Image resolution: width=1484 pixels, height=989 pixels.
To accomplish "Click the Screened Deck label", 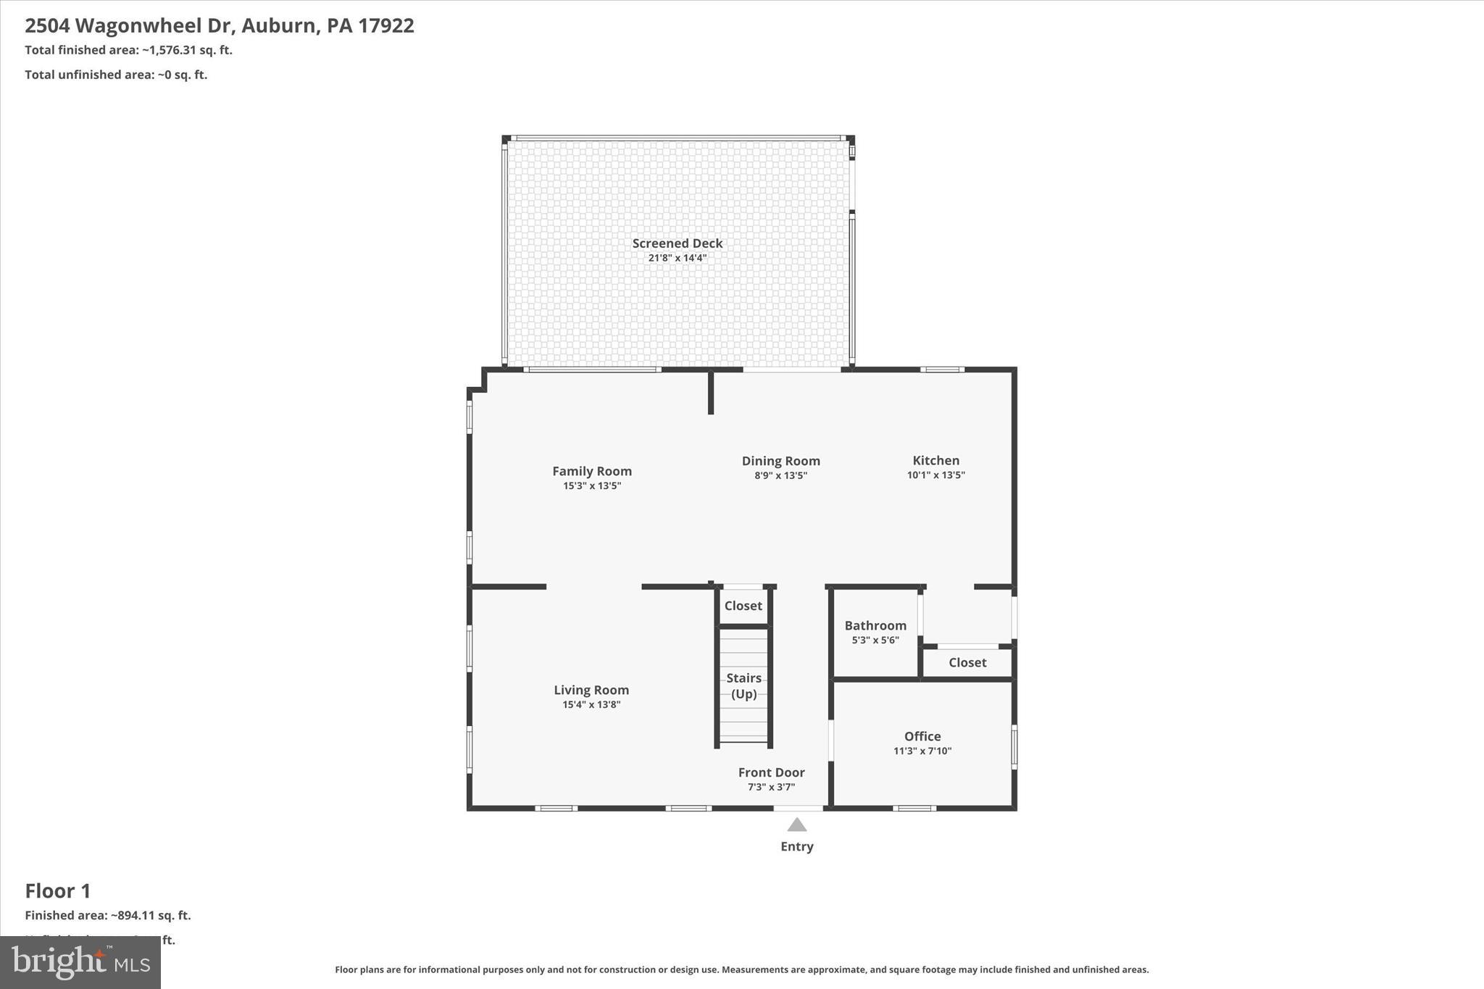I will click(x=677, y=243).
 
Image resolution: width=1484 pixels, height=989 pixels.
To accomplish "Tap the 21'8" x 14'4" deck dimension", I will click(x=677, y=258).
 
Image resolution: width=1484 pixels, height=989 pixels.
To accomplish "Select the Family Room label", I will click(x=591, y=471).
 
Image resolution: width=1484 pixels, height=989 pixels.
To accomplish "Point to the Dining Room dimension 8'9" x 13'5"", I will click(x=780, y=476).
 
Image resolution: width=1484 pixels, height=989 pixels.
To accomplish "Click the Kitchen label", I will click(x=935, y=460).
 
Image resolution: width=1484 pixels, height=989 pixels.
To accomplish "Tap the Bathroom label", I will click(x=875, y=625).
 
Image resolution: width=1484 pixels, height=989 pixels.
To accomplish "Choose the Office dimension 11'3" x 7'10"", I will click(x=922, y=751).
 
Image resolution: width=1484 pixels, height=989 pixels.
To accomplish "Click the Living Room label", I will click(x=591, y=690).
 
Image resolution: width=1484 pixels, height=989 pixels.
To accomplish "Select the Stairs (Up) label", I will click(x=743, y=685).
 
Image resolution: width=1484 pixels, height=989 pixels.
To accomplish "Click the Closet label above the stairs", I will click(x=743, y=606).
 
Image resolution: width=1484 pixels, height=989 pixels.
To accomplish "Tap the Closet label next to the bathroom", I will click(x=967, y=662).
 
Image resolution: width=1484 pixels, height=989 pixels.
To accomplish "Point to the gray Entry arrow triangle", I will click(x=796, y=825).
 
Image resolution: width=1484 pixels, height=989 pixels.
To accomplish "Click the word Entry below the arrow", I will click(x=796, y=846).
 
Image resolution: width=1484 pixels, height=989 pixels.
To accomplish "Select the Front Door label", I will click(x=771, y=772).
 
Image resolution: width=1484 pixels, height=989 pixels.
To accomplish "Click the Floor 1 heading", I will click(x=58, y=890).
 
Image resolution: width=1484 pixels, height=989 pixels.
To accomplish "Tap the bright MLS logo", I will click(x=80, y=962).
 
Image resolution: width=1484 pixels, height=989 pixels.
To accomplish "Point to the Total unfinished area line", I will click(x=116, y=75).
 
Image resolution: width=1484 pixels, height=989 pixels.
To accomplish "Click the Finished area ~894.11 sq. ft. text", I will click(x=108, y=915).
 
